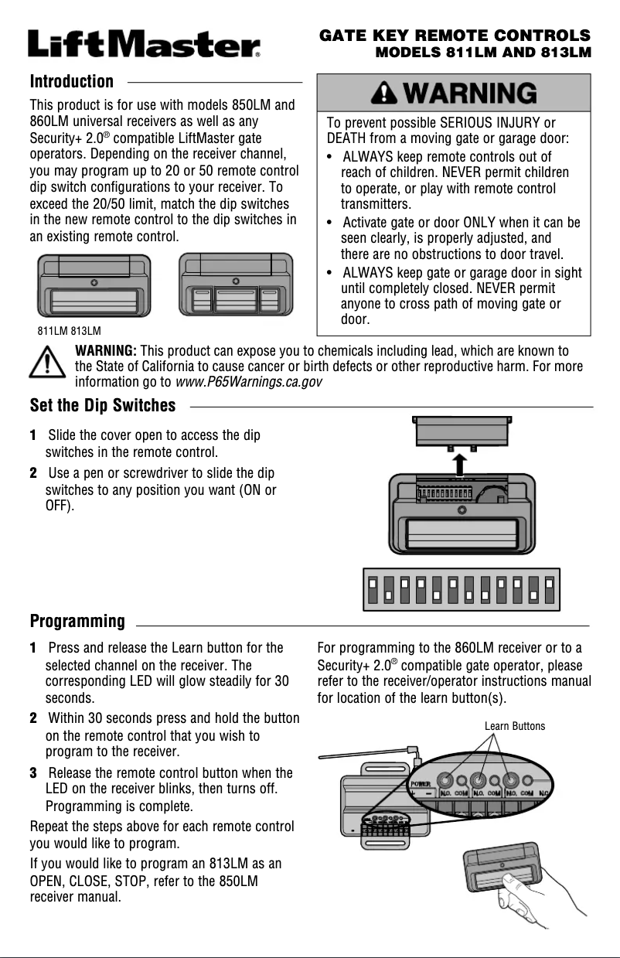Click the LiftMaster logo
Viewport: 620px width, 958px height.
click(x=145, y=43)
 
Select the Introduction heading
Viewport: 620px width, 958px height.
click(x=71, y=82)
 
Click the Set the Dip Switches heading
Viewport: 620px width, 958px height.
click(x=102, y=405)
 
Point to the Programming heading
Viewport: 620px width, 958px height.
click(x=77, y=621)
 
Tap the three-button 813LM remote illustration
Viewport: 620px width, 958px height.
click(x=236, y=284)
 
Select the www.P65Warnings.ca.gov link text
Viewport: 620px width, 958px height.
click(x=248, y=382)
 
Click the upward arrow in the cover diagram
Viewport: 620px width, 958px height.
click(x=462, y=465)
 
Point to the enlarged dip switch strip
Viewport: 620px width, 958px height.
click(x=462, y=589)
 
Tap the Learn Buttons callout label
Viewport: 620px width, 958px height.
click(x=514, y=726)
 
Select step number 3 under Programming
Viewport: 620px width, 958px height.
click(x=33, y=773)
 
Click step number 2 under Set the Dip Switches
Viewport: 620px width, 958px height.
click(x=33, y=472)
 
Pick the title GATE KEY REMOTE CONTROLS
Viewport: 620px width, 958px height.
click(x=455, y=36)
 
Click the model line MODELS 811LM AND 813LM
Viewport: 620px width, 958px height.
click(x=482, y=53)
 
